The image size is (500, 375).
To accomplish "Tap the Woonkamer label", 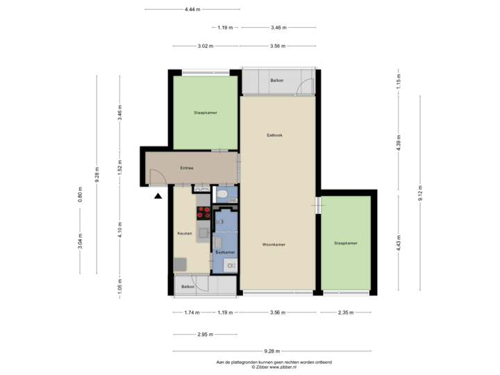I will [x=274, y=244].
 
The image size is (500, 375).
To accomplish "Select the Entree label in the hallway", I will [x=186, y=168].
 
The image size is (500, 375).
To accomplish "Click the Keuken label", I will [x=184, y=233].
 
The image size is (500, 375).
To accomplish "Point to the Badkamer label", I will [x=224, y=252].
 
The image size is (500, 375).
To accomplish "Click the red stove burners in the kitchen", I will [x=204, y=212].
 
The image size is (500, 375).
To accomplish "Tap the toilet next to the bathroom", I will [x=222, y=195].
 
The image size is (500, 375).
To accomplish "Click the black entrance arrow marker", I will [x=158, y=197].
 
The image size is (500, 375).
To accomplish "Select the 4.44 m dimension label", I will [x=192, y=10].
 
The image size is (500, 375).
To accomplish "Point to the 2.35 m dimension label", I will [x=346, y=312].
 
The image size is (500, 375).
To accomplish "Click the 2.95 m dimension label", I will [x=205, y=334].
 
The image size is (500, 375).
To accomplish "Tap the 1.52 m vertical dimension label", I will [x=120, y=168].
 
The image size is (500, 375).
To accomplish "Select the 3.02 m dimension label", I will [x=205, y=46].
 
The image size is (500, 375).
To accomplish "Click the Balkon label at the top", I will [x=276, y=81].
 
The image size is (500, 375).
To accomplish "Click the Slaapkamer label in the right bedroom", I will [x=345, y=243].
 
